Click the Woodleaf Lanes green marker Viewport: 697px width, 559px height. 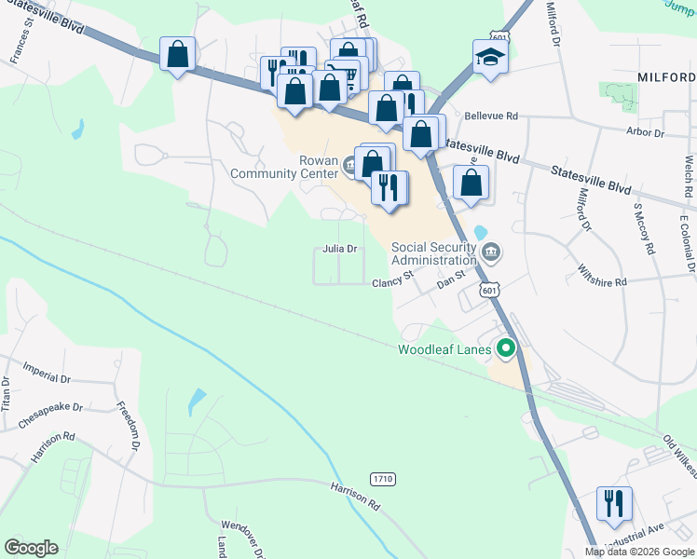pos(506,349)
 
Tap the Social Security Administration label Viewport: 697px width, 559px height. pos(434,253)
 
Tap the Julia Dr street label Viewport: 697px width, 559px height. pos(340,249)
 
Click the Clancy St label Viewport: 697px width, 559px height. pos(392,280)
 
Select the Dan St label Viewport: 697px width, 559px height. pos(450,279)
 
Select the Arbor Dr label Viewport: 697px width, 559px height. pos(645,133)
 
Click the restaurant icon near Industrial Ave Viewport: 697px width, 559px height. pos(614,503)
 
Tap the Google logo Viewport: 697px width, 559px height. pos(31,548)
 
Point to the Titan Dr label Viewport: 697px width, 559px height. pos(7,395)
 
